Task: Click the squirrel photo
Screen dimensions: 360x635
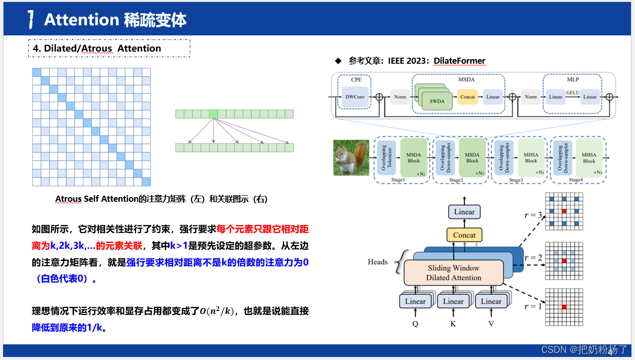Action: pos(351,158)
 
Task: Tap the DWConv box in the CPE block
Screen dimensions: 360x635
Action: pos(355,97)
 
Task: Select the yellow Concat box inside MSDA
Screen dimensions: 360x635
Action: pos(468,97)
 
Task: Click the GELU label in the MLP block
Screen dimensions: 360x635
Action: pos(573,93)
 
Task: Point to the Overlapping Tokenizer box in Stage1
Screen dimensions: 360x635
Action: pos(386,158)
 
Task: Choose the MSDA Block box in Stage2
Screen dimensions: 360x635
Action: pos(472,158)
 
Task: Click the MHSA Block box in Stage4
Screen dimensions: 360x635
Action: pos(589,158)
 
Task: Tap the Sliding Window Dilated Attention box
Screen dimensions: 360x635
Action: pos(453,273)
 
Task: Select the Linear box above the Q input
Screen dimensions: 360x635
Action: pos(415,301)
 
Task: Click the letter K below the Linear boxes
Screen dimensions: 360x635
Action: pos(453,324)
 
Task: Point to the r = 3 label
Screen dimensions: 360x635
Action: pos(532,216)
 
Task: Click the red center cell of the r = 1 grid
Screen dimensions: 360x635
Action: pos(564,307)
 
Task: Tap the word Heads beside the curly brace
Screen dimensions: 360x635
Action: pos(378,262)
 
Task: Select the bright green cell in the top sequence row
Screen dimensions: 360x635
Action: pos(214,114)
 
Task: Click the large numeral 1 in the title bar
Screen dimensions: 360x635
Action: pos(31,20)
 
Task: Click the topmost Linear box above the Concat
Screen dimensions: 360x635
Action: pos(464,212)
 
